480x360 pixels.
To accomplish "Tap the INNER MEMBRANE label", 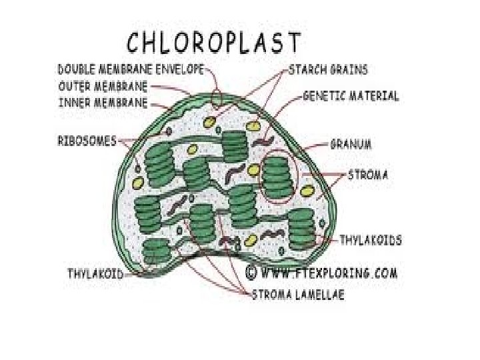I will click(x=103, y=103).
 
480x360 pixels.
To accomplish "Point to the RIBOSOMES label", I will click(x=87, y=141).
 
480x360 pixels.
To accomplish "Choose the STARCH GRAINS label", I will click(x=327, y=69).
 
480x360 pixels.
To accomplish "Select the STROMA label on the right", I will click(x=368, y=175).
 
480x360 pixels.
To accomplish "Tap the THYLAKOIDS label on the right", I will click(x=371, y=239).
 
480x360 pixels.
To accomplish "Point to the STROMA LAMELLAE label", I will click(x=297, y=295).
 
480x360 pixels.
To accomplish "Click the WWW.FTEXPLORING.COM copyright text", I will click(x=330, y=273).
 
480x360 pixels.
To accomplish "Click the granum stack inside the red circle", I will click(x=277, y=177).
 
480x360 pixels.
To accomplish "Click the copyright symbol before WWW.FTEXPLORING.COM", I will click(x=251, y=272).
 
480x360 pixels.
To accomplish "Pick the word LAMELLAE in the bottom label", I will click(x=319, y=295).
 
